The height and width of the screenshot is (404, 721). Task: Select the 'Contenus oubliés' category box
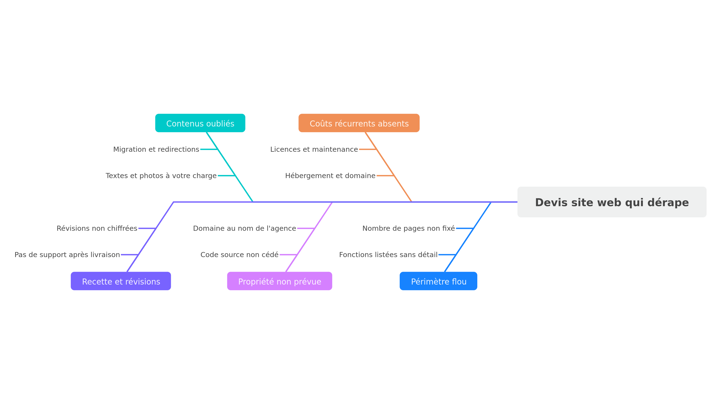coord(200,123)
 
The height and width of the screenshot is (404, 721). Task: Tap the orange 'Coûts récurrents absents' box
coord(359,123)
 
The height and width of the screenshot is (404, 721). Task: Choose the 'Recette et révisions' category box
coord(121,281)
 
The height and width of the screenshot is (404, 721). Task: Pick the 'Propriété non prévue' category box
coord(279,281)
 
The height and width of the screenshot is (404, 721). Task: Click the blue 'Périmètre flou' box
coord(438,281)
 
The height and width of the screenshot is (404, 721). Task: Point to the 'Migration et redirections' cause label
coord(156,150)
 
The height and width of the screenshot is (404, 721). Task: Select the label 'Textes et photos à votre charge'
coord(161,176)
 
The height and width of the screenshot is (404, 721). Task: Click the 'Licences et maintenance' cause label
coord(314,150)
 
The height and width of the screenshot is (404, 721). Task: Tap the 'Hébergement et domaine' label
coord(330,176)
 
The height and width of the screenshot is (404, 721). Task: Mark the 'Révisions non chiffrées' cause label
coord(97,228)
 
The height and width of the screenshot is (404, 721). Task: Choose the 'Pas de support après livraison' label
coord(67,255)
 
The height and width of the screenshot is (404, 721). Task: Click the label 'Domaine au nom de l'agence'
coord(244,228)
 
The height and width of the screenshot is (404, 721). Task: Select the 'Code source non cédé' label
coord(239,255)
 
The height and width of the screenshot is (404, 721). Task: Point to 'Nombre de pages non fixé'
coord(408,228)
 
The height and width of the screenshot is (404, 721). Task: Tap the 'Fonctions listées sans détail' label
coord(388,255)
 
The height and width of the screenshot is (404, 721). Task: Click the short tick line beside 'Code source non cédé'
coord(288,255)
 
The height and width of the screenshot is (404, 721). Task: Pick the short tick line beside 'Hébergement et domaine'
coord(385,176)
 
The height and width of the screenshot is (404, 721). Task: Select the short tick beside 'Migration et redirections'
coord(209,150)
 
